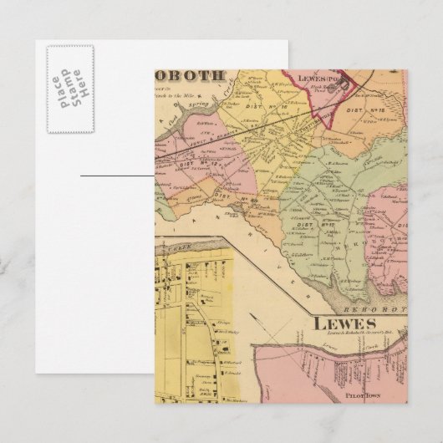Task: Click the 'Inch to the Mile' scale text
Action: coord(192,96)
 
